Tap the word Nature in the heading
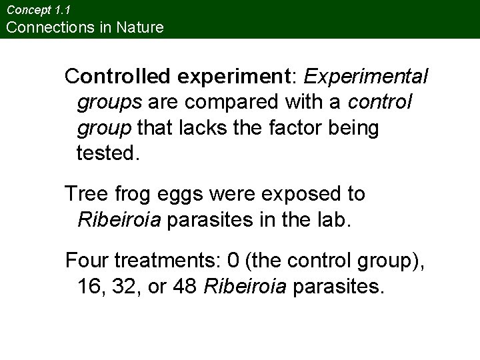[x=139, y=27]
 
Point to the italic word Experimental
[x=366, y=77]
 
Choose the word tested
[x=109, y=154]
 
